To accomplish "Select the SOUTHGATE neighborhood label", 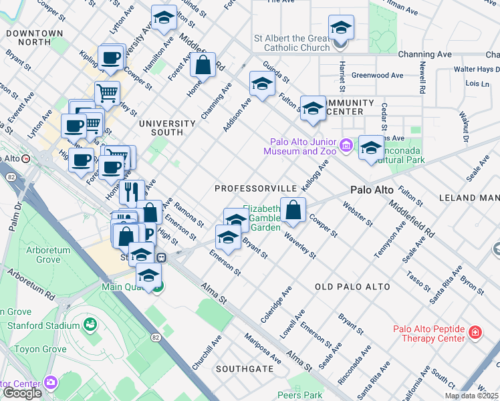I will point(244,368).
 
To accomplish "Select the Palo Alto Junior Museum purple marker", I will point(346,145).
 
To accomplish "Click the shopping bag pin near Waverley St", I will point(293,210).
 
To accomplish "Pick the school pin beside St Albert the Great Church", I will point(341,28).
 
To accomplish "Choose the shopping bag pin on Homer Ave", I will point(203,65).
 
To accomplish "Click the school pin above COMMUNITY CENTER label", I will point(312,109).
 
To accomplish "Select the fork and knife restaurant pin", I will point(132,191).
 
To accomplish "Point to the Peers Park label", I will point(300,395).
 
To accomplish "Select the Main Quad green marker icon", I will point(156,288).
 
